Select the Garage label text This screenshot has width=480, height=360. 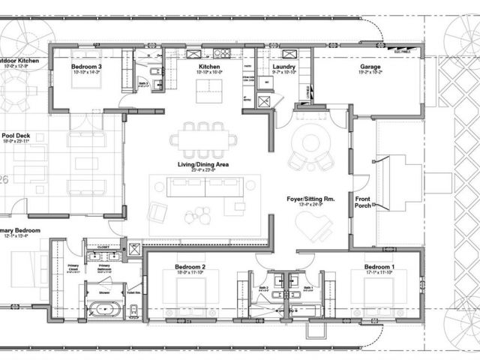point(370,67)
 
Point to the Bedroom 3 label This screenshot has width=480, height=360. point(86,67)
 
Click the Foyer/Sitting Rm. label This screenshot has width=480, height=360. point(309,199)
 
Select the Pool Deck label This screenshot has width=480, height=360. point(16,135)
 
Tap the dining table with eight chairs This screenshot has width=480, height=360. point(203,139)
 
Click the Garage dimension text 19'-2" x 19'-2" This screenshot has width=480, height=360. point(370,73)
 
